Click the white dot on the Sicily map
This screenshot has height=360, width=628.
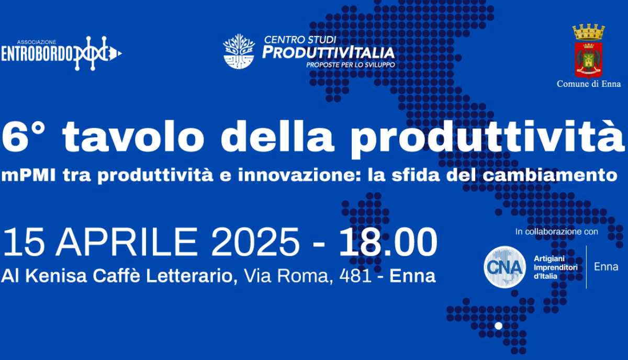point(498,326)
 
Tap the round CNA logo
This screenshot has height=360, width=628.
point(504,267)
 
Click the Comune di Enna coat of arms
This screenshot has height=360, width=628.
point(588,51)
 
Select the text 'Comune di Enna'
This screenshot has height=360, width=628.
point(588,84)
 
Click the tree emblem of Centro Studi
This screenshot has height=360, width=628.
point(239,51)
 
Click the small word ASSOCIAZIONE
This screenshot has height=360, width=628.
point(37,42)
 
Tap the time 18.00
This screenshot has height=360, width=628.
point(388,242)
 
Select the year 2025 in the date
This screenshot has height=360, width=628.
point(255,242)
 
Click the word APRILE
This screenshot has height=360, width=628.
point(127,242)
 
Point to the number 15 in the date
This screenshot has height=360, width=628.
point(24,242)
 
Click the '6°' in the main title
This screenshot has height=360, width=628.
point(23,137)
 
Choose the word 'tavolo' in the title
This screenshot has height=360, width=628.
point(133,137)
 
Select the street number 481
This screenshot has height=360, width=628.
point(355,276)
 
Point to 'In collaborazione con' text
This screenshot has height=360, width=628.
point(557,232)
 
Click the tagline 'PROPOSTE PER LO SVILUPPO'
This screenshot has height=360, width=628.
point(351,65)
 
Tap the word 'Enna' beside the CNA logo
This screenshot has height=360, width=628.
point(606,267)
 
